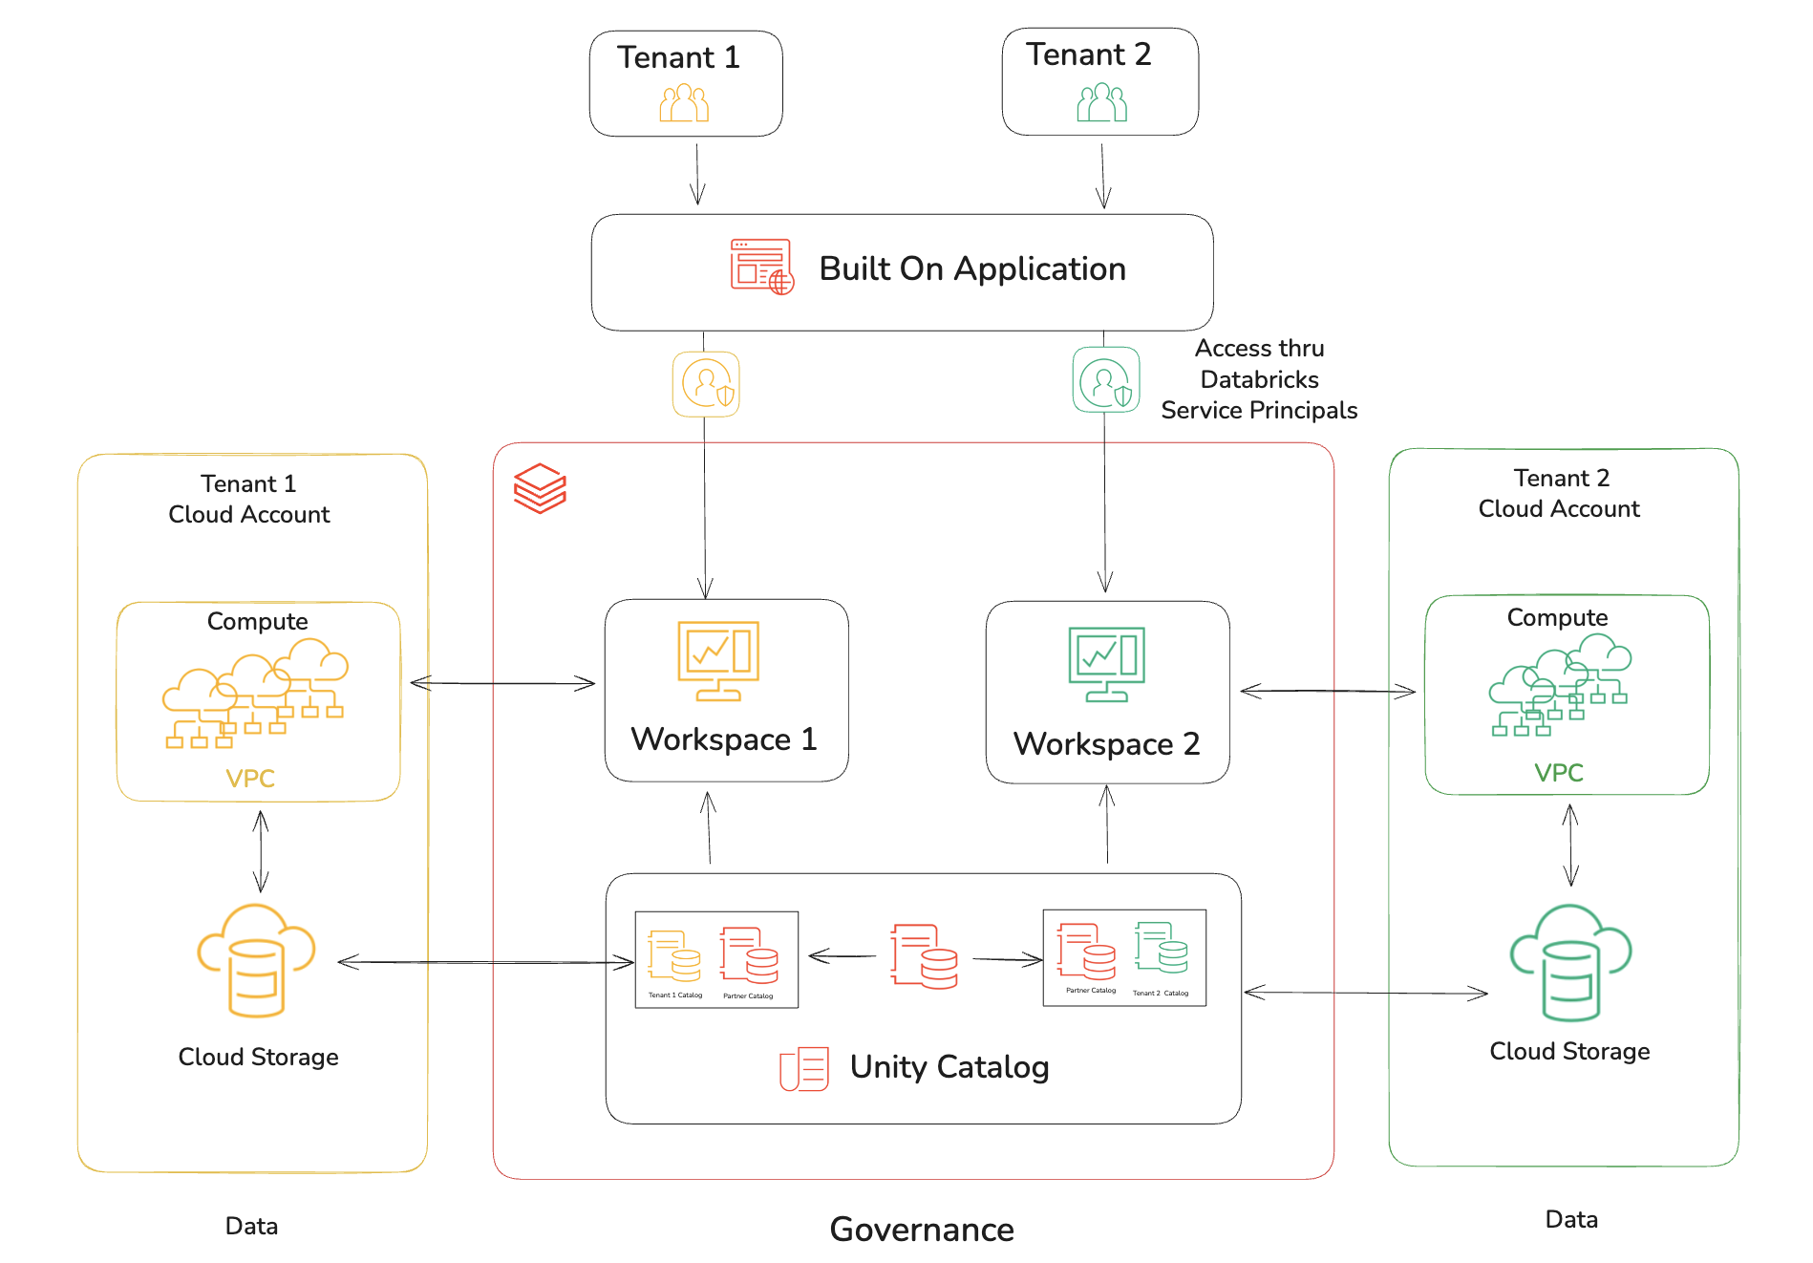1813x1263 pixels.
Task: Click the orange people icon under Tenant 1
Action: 684,102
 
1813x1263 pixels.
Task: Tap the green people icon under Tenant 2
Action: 1101,102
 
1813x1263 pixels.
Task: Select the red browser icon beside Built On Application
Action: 761,267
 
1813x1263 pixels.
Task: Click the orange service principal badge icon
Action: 706,384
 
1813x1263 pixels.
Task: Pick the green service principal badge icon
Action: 1105,380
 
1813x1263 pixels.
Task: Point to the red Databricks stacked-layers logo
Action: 540,488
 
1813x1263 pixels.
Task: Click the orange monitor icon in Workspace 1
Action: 718,660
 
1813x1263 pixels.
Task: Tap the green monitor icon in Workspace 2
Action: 1106,664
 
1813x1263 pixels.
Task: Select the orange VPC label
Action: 250,779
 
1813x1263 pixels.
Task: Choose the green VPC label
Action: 1558,773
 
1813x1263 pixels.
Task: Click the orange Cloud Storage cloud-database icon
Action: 256,960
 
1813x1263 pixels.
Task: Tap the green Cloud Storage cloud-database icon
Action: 1569,962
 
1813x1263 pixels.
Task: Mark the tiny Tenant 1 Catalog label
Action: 675,995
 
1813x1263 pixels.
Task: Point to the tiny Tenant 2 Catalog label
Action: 1161,994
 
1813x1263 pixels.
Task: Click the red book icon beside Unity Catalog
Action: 803,1069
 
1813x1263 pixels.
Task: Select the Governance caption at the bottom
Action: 922,1230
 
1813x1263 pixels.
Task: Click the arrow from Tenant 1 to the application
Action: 697,174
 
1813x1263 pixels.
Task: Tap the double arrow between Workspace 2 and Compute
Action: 1327,691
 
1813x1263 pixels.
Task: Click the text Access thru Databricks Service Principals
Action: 1259,379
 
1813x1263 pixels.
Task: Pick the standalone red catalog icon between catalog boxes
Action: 923,955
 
